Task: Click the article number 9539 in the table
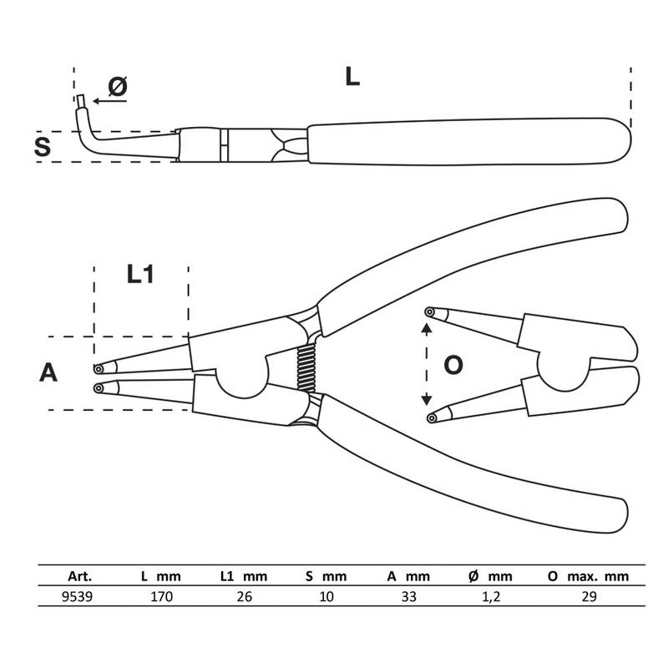(x=77, y=596)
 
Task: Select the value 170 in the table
(x=161, y=596)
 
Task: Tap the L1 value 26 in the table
(x=244, y=596)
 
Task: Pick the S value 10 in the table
(x=326, y=596)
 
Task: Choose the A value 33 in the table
(x=408, y=596)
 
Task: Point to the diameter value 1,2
(x=491, y=597)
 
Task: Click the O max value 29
(x=589, y=596)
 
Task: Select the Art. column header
(x=79, y=576)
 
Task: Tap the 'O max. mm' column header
(x=588, y=576)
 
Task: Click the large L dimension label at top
(x=352, y=77)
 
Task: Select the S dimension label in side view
(x=43, y=146)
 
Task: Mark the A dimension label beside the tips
(x=48, y=372)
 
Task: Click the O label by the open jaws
(x=453, y=365)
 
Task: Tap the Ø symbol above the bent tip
(x=118, y=87)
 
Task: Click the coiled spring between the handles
(x=306, y=368)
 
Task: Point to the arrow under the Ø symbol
(x=110, y=101)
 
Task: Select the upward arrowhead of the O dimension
(x=427, y=328)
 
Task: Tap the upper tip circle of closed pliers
(x=99, y=368)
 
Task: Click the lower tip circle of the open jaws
(x=432, y=418)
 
